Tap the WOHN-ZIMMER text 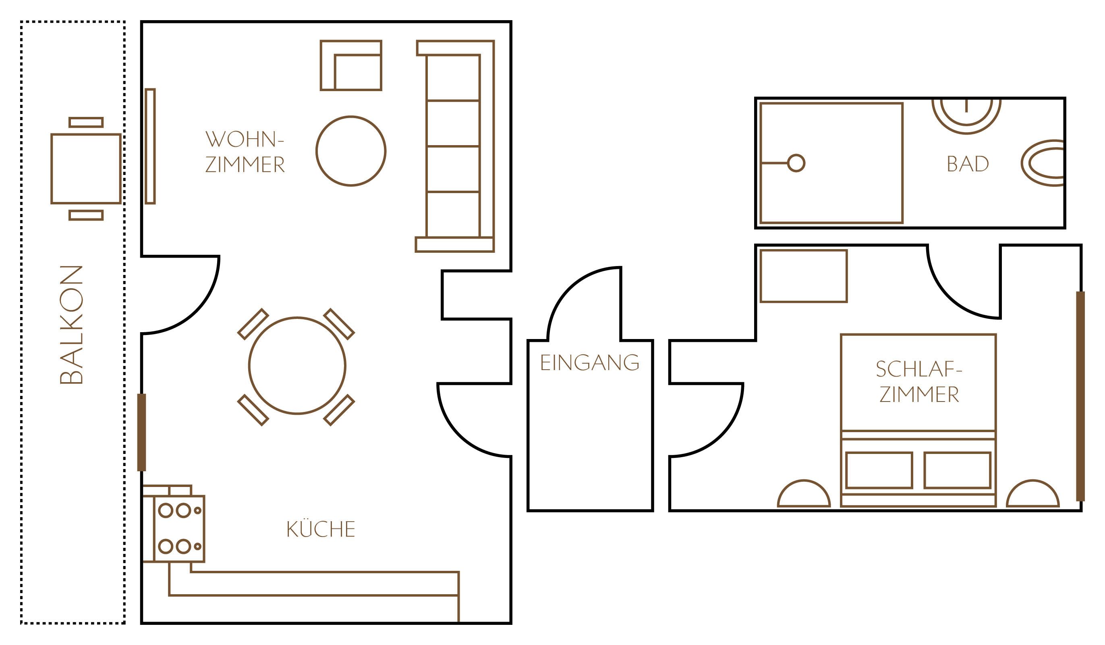pos(245,152)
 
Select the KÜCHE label pos(321,530)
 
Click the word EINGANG pos(589,363)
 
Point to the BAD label pos(968,164)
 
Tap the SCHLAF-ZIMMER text pos(919,382)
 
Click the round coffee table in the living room pos(351,151)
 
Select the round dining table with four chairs pos(297,366)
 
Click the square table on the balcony pos(86,169)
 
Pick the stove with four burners pos(179,529)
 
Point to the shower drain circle pos(796,163)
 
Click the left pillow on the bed pos(879,470)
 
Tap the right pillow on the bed pos(957,470)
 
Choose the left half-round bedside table pos(804,495)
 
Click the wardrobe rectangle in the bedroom pos(803,277)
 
